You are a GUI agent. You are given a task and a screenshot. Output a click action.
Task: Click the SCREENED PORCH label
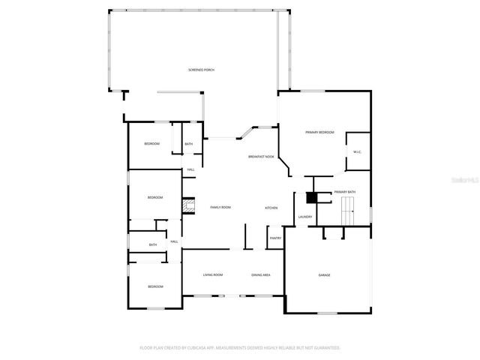[x=201, y=70]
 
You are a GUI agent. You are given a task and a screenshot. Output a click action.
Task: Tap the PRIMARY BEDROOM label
[x=319, y=132]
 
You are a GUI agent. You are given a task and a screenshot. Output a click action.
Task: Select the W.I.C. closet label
[x=357, y=152]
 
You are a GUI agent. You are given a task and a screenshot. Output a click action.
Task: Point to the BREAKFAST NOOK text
[x=261, y=157]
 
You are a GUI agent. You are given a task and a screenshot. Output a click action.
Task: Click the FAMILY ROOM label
[x=220, y=207]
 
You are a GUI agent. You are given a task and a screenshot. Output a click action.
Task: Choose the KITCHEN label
[x=271, y=208]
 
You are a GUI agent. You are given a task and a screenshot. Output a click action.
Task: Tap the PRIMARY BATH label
[x=345, y=192]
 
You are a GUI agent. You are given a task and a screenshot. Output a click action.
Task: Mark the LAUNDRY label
[x=304, y=217]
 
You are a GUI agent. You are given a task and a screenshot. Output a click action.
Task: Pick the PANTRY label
[x=275, y=238]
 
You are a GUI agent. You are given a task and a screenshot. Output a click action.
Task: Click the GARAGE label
[x=324, y=275]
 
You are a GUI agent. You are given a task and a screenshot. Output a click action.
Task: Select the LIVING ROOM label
[x=213, y=275]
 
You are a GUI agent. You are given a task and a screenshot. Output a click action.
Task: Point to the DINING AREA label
[x=261, y=275]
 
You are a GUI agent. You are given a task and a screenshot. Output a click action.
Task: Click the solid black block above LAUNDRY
[x=311, y=197]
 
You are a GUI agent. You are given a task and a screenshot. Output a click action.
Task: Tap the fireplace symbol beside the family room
[x=190, y=207]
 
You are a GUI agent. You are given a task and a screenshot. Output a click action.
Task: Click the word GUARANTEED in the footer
[x=325, y=348]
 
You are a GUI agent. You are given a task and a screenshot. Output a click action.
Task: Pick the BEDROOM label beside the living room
[x=155, y=286]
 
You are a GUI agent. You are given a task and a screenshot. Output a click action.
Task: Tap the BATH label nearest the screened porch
[x=189, y=144]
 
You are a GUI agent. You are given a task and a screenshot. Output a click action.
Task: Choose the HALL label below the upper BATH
[x=191, y=170]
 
